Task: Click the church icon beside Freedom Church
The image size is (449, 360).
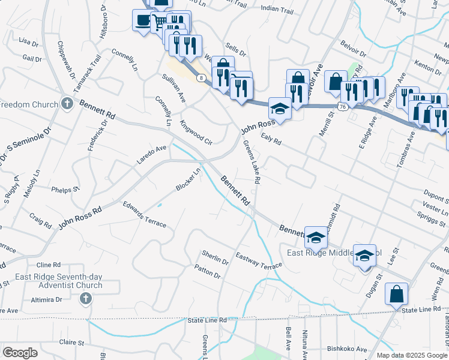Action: click(x=67, y=104)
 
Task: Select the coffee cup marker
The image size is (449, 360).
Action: click(x=142, y=21)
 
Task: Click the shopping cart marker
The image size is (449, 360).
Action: click(x=159, y=23)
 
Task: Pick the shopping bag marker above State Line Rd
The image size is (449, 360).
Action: click(x=396, y=294)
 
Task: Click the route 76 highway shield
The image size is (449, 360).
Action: click(x=342, y=106)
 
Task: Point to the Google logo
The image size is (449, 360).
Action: click(x=20, y=352)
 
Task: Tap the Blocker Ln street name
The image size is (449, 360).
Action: click(x=188, y=179)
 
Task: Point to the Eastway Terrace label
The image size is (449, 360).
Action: click(x=258, y=261)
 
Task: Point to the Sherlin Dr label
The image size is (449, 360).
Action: click(x=215, y=257)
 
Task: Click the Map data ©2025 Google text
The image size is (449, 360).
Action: click(x=412, y=355)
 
